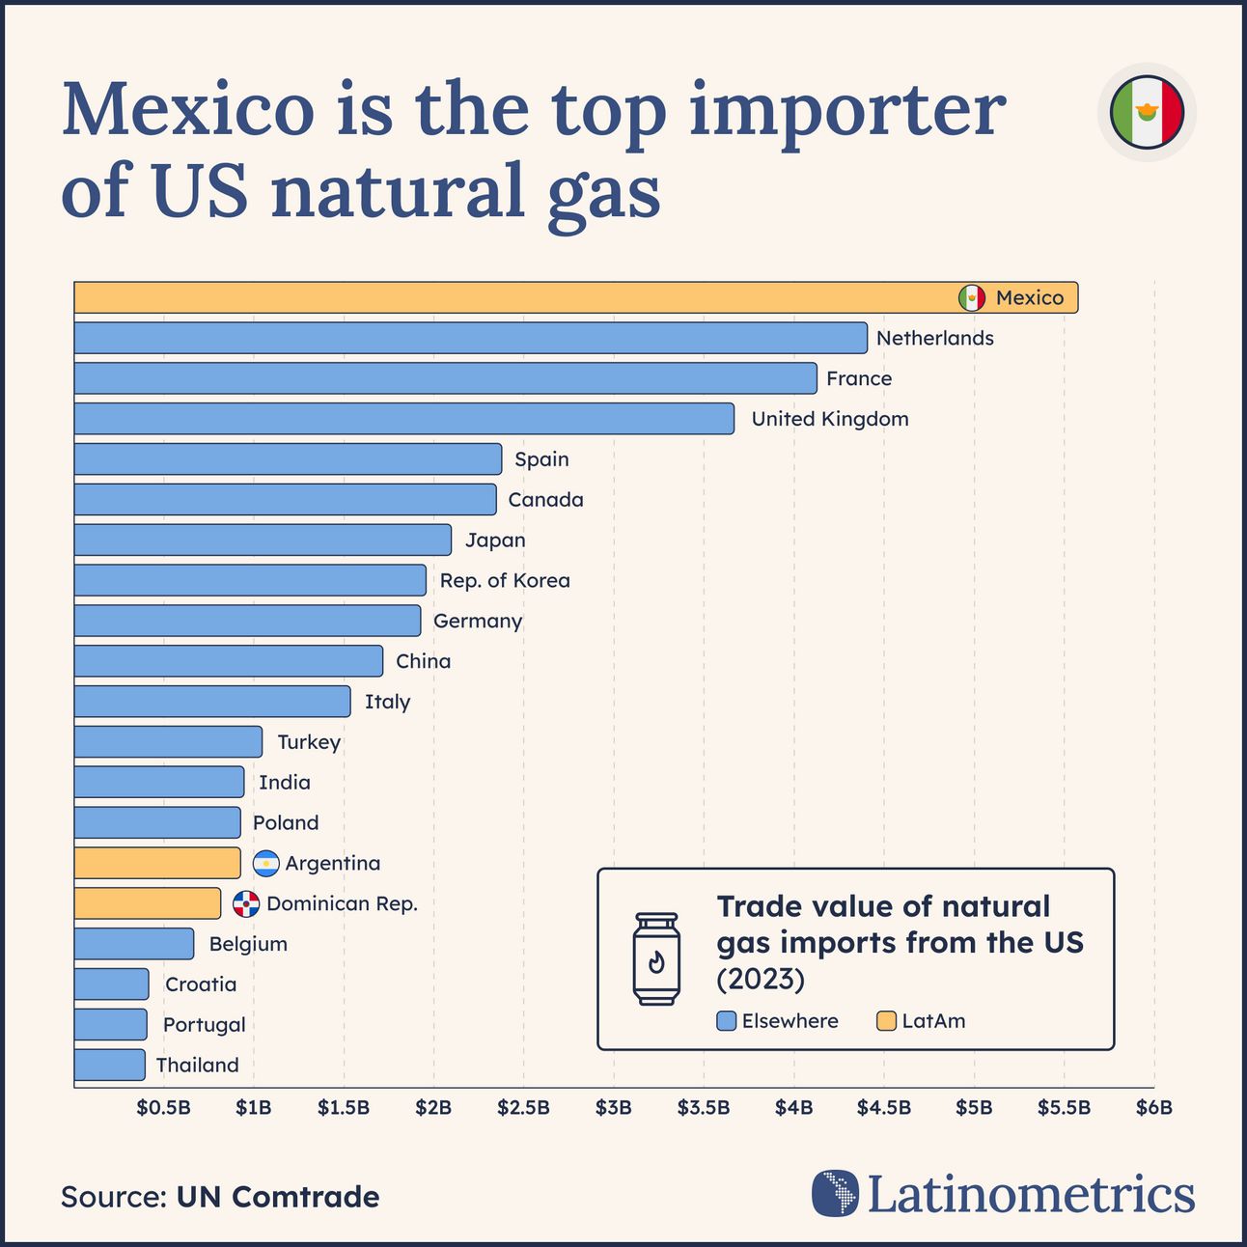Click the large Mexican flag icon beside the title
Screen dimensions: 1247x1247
click(1147, 112)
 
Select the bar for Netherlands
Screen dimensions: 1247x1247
click(470, 338)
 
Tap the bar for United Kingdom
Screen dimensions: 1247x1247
click(403, 419)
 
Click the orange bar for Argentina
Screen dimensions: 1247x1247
click(156, 863)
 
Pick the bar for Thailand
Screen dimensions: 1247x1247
click(109, 1065)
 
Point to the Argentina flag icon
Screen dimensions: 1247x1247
click(265, 863)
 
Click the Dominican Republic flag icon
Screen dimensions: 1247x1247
click(246, 903)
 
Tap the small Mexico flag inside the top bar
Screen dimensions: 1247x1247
click(972, 297)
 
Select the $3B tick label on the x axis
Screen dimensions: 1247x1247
click(613, 1107)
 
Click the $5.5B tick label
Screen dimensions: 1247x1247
click(1064, 1107)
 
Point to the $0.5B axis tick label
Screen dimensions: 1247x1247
click(163, 1107)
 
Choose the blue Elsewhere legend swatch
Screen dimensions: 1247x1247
click(727, 1021)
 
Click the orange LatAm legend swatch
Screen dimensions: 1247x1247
click(886, 1021)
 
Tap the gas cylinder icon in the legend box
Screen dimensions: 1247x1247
click(656, 958)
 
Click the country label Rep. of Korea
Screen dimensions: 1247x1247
click(505, 580)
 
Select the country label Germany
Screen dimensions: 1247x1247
click(478, 621)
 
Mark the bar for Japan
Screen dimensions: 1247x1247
click(263, 540)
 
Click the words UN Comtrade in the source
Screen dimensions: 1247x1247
click(277, 1197)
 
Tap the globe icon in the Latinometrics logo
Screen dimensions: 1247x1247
click(835, 1193)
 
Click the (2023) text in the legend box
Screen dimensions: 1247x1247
click(761, 979)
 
